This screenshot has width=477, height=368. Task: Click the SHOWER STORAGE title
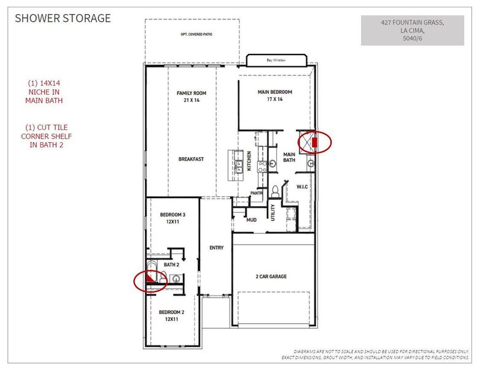click(x=63, y=18)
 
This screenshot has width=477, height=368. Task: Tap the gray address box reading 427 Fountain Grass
click(x=412, y=29)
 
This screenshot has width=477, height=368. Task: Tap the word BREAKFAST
click(x=191, y=159)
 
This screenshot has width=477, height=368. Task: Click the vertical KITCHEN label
click(x=249, y=161)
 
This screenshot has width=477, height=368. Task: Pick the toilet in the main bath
click(x=276, y=191)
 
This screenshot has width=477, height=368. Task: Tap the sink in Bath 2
click(x=176, y=278)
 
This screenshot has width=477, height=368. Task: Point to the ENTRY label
click(x=216, y=248)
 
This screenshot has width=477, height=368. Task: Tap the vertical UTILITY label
click(x=273, y=213)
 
